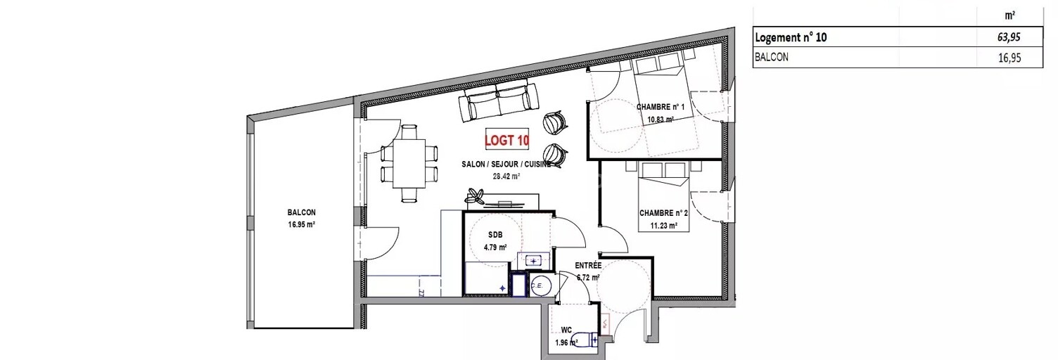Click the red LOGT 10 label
tap(506, 140)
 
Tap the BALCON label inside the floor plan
tap(301, 213)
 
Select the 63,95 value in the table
tap(1009, 37)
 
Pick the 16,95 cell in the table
tap(1009, 58)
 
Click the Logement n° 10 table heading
tap(791, 37)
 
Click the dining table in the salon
tap(409, 163)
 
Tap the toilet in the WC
tap(585, 338)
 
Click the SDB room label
tap(495, 235)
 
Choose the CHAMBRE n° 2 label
tap(663, 213)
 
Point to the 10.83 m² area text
tap(661, 120)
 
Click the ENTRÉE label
tap(588, 266)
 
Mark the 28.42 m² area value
tap(506, 176)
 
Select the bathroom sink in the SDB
tap(534, 260)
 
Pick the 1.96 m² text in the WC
tap(566, 343)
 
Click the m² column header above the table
tap(1010, 15)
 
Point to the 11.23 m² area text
tap(663, 226)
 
